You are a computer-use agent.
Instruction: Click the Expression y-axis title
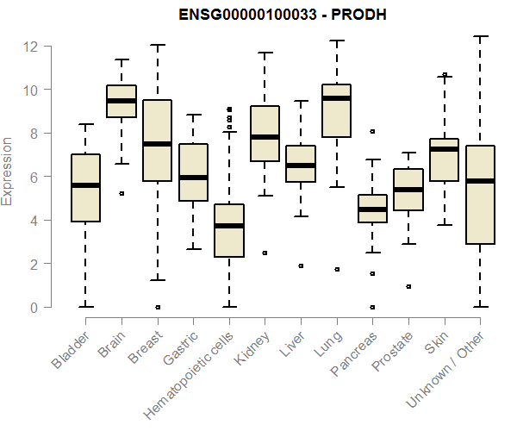[9, 171]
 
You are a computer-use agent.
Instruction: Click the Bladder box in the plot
[85, 188]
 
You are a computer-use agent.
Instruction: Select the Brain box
[121, 101]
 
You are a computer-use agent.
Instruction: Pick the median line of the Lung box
[336, 98]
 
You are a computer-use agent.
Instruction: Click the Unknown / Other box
[480, 195]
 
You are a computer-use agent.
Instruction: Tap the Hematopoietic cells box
[229, 230]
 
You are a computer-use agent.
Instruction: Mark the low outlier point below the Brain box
[121, 194]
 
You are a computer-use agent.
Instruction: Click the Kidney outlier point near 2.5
[265, 253]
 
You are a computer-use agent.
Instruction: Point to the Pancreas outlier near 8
[372, 132]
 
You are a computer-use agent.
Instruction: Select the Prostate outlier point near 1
[408, 286]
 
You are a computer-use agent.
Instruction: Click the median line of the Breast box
[158, 144]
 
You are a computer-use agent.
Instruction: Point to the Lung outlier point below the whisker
[336, 269]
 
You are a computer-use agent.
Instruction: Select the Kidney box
[265, 134]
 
